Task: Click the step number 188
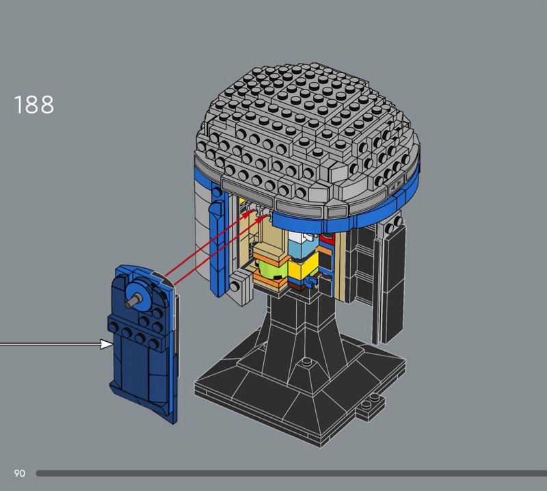tap(34, 105)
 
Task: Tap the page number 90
tap(20, 473)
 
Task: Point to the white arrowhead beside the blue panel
tap(107, 344)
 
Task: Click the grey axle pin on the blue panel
tap(133, 301)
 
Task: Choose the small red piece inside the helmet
tap(327, 239)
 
